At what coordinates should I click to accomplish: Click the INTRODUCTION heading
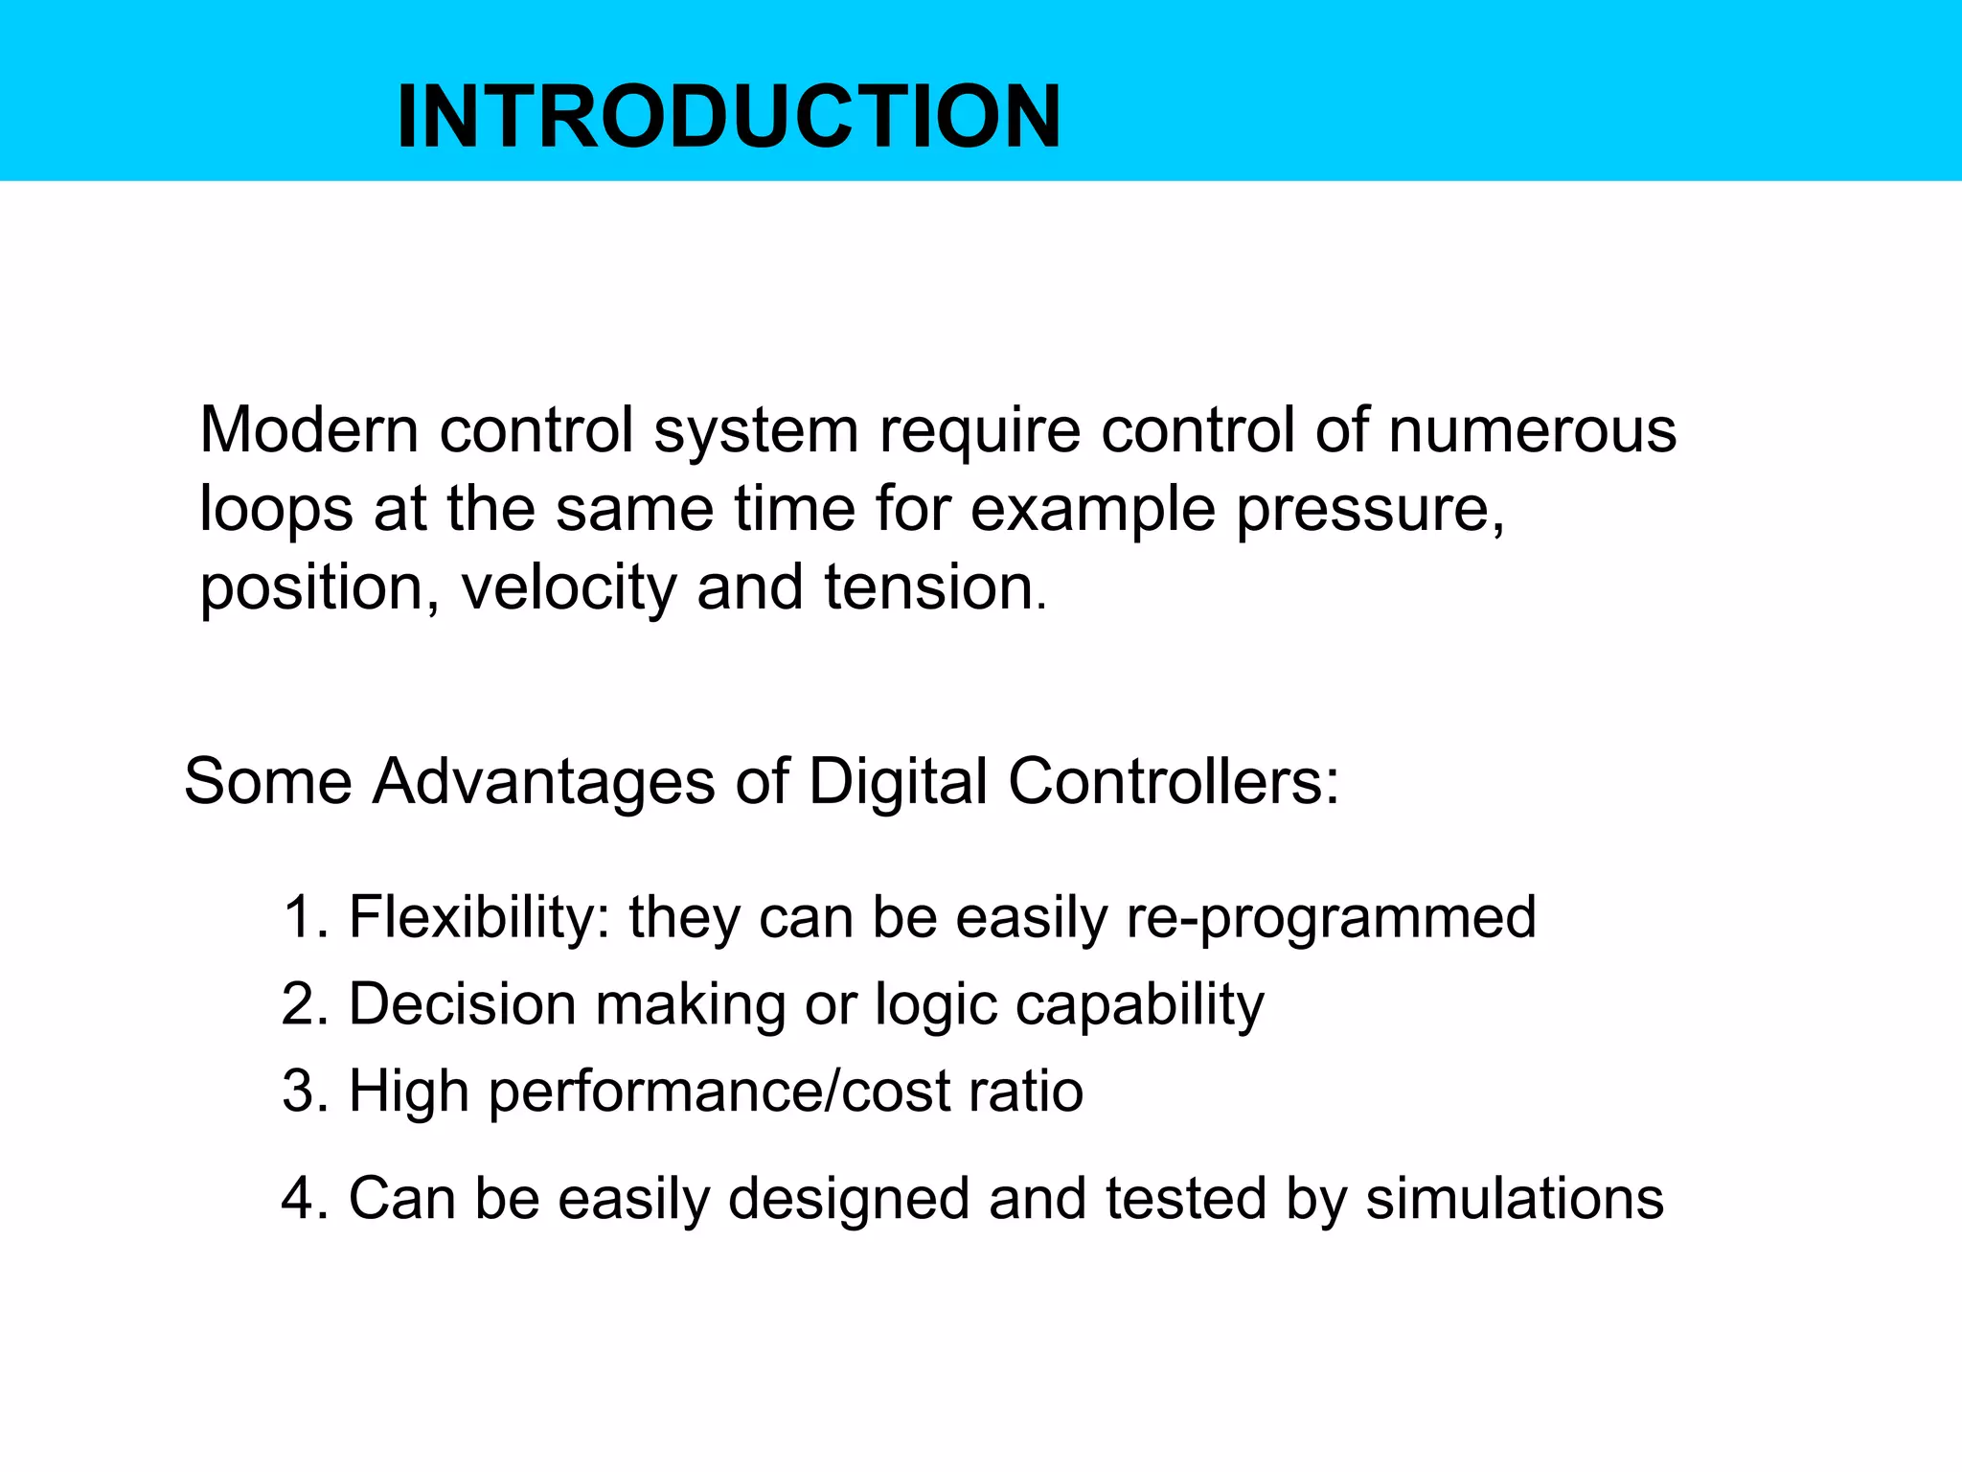coord(728,117)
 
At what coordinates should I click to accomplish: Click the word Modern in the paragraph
coord(308,430)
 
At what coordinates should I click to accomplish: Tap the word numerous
coord(1532,430)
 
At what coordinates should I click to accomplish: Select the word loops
coord(276,510)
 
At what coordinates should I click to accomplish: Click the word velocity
coord(569,587)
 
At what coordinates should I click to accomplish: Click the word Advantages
coord(543,782)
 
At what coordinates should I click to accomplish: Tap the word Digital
coord(898,782)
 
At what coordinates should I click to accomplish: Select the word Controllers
coord(1173,782)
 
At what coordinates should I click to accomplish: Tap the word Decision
coord(462,1004)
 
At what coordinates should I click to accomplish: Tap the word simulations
coord(1515,1199)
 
